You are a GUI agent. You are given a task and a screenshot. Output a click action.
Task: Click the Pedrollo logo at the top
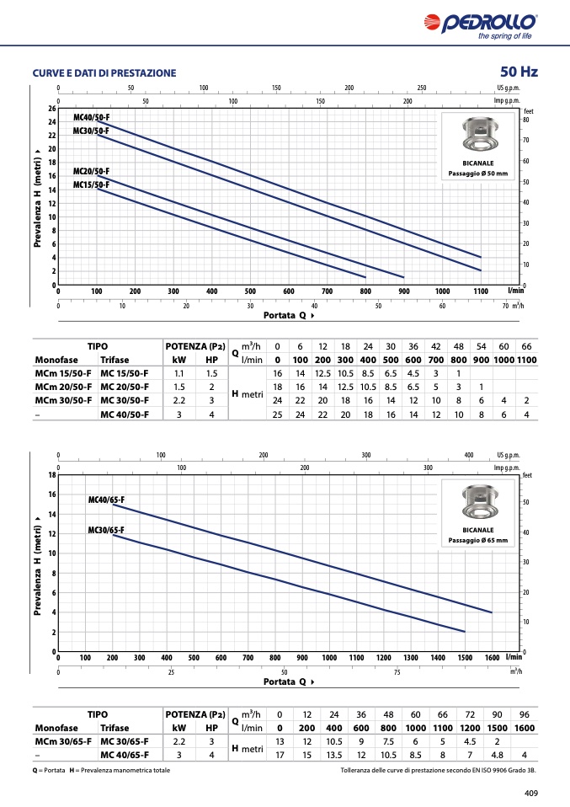[481, 26]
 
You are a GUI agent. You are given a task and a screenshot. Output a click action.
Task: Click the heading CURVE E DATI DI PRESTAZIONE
[104, 73]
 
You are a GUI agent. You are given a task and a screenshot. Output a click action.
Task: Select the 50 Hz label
[519, 72]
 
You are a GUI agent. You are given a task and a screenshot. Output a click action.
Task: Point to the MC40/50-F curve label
[92, 117]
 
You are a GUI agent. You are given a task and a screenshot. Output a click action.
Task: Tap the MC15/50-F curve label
[92, 184]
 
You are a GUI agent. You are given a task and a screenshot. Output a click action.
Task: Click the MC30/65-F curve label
[106, 530]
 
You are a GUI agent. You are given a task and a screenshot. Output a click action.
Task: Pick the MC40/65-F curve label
[106, 500]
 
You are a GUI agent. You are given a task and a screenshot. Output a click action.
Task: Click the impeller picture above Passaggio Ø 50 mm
[478, 136]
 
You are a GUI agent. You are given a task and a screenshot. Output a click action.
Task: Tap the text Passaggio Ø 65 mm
[478, 541]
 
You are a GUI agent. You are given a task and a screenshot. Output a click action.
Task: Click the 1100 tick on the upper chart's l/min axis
[481, 291]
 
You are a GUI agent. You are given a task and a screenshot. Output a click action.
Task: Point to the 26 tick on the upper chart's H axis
[52, 109]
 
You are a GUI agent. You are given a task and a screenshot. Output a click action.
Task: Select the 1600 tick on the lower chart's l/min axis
[492, 658]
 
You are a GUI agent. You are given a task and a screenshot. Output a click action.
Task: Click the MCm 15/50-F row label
[63, 374]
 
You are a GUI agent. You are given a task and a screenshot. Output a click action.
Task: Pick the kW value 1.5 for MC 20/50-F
[179, 387]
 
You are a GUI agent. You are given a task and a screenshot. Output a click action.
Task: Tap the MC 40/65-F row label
[125, 755]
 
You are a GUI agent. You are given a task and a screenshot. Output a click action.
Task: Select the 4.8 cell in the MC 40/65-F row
[497, 755]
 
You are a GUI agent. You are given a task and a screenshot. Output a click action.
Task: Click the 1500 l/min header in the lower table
[497, 729]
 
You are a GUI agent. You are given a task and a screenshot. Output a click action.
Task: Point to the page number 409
[531, 794]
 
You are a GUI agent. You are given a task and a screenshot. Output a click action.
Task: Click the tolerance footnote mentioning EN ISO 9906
[439, 771]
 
